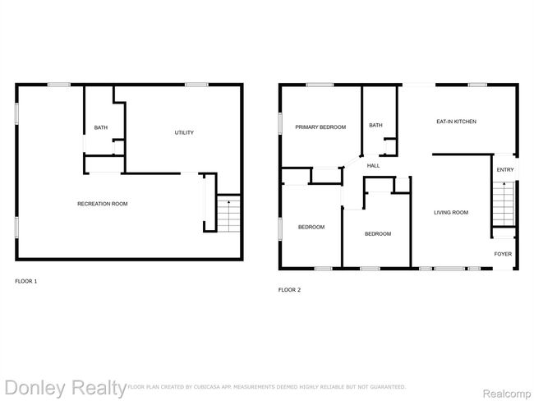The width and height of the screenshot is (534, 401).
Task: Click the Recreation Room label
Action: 103,204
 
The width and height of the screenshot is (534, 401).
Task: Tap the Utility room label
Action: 184,132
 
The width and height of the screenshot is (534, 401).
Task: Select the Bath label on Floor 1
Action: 101,127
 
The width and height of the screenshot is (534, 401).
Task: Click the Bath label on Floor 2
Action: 375,126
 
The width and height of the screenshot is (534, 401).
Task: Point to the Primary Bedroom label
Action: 320,127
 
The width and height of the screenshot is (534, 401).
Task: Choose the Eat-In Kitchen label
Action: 456,122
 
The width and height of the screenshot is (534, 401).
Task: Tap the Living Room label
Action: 451,212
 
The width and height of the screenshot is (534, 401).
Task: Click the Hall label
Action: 373,166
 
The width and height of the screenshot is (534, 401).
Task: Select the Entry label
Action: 505,169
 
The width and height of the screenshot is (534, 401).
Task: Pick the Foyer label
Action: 503,254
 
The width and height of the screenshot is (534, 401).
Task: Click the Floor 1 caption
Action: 26,281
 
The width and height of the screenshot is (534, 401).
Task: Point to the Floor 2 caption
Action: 289,290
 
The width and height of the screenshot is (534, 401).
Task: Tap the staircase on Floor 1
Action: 229,214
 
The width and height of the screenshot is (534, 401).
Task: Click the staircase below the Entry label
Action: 504,204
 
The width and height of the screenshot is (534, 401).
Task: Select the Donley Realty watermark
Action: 66,388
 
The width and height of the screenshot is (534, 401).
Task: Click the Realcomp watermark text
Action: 507,394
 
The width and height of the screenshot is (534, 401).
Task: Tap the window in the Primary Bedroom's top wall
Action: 320,85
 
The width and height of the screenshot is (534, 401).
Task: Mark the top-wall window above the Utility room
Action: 196,85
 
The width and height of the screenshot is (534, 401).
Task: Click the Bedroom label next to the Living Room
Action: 378,233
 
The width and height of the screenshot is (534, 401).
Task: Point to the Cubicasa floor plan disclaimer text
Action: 267,387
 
